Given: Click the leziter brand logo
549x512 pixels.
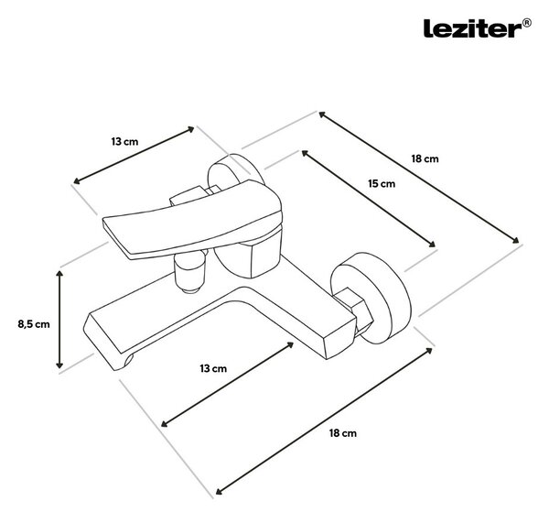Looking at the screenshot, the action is (472, 28).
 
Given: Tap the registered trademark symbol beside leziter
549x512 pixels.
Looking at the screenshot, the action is (527, 23).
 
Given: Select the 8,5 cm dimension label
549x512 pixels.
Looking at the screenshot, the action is (34, 324).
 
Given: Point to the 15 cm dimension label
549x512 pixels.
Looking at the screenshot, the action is (382, 183).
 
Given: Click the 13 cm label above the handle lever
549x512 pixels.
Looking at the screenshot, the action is (124, 142).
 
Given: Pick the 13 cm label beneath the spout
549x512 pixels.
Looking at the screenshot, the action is (213, 368).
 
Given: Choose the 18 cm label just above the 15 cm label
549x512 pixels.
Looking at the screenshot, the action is (425, 158).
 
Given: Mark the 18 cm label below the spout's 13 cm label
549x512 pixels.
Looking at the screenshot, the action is (343, 433).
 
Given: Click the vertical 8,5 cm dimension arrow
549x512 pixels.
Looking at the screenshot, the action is (59, 320).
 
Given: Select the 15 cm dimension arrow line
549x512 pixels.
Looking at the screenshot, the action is (369, 199).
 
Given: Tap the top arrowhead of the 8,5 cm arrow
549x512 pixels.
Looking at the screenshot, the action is (59, 274).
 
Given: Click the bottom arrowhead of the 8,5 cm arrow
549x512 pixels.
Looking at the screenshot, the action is (59, 365).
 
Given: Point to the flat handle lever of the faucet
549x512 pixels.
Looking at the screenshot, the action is (192, 220).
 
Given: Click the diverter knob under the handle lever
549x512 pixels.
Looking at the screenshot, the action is (190, 272).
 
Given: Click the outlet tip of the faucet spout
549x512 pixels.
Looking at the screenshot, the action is (122, 363).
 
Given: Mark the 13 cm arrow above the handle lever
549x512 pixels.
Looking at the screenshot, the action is (134, 155).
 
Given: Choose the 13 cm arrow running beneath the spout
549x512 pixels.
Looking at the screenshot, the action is (227, 385).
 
